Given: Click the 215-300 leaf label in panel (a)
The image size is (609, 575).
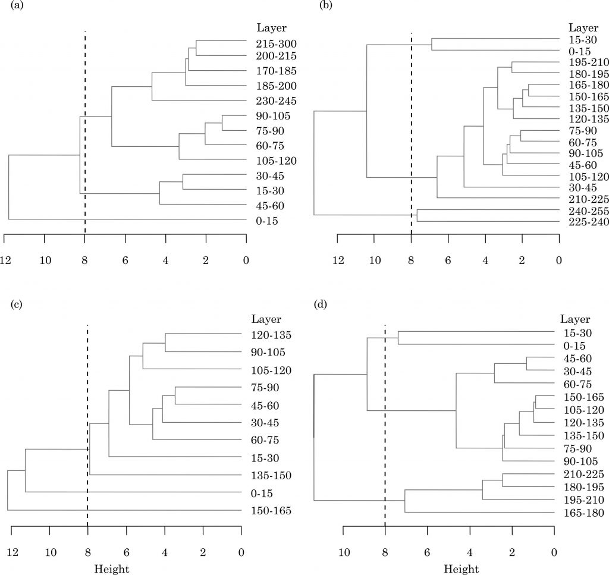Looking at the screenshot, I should [x=276, y=44].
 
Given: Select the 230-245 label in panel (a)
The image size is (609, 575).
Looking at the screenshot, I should [x=276, y=101].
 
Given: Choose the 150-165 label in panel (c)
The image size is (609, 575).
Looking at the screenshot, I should [x=272, y=511].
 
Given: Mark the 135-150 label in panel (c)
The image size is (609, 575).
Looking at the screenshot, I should [x=272, y=476].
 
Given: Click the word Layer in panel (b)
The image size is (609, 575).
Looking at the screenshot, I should [x=583, y=27].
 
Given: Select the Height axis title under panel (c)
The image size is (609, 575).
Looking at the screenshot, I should [x=112, y=569].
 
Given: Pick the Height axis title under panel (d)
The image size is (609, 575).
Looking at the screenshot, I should [x=461, y=569].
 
